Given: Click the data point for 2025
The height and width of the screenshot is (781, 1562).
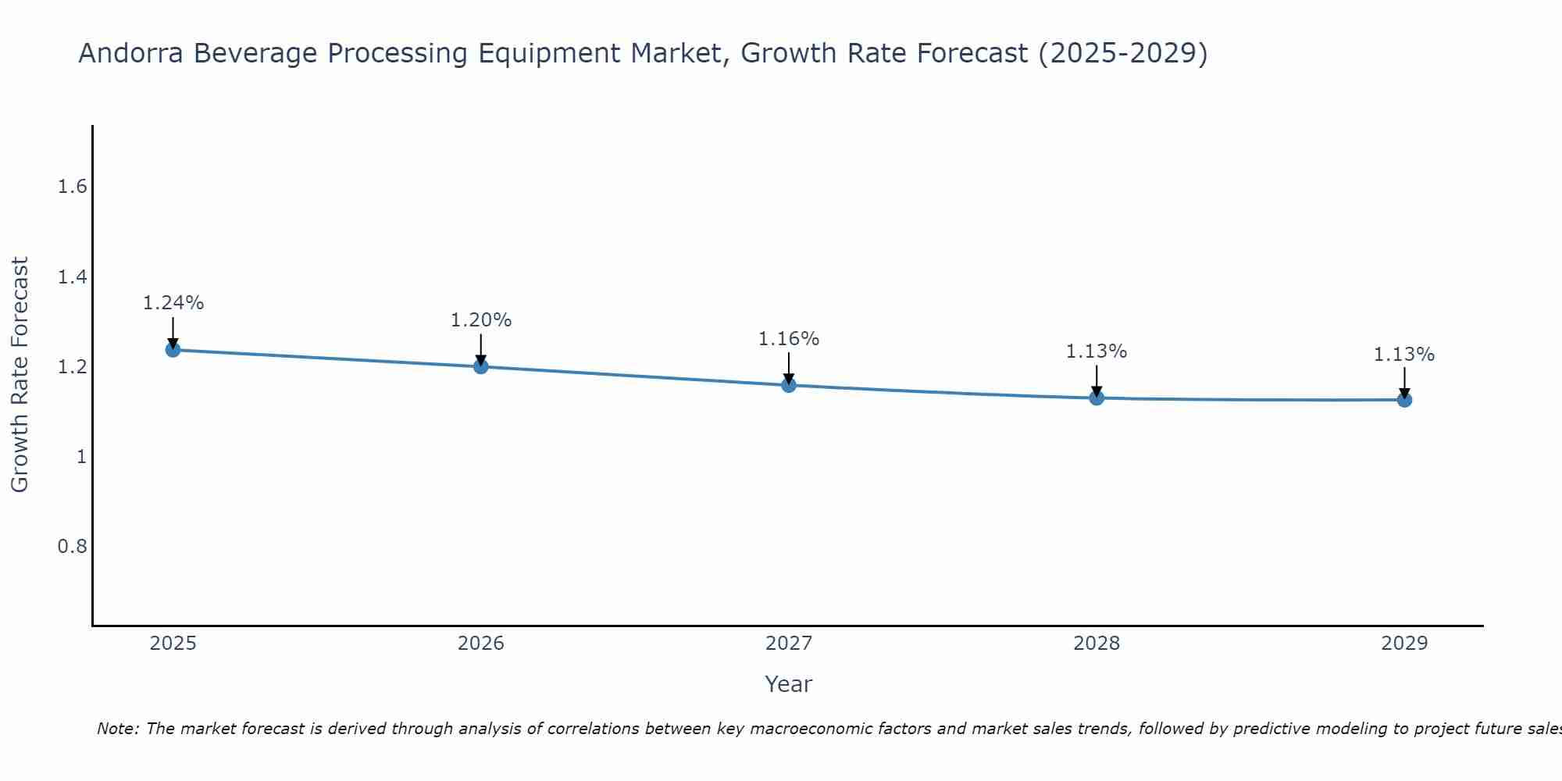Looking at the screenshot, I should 173,349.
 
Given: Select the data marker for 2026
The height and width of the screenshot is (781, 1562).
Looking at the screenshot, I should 481,366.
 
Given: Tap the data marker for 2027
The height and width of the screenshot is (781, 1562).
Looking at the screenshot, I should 789,385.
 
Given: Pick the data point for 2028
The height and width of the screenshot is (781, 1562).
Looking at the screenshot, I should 1097,398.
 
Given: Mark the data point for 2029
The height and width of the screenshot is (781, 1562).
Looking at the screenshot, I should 1404,400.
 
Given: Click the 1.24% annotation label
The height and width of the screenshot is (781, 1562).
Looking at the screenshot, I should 173,303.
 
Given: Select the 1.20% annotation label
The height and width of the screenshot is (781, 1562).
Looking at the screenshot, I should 481,320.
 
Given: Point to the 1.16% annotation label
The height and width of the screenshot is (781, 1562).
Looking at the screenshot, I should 789,339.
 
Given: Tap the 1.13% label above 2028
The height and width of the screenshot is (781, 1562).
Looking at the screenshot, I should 1097,351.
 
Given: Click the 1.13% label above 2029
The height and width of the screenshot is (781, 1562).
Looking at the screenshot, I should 1404,355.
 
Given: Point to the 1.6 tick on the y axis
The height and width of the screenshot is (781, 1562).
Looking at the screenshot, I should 72,187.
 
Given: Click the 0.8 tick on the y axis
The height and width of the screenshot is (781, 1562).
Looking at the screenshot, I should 72,546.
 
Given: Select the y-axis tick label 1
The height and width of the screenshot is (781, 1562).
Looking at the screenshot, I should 81,456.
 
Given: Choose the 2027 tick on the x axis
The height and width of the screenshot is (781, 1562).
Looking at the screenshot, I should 789,644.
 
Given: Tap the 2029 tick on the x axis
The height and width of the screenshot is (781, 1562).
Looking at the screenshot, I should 1404,644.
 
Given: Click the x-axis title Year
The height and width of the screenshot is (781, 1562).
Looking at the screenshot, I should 789,684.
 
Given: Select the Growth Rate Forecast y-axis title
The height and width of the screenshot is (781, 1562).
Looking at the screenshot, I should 20,375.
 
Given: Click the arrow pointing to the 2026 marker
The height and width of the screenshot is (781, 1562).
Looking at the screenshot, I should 481,348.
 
